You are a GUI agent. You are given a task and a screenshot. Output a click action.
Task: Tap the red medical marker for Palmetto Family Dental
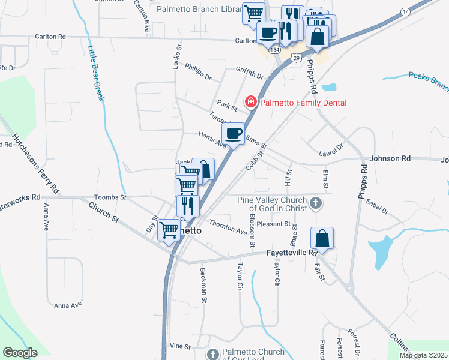[x=250, y=103]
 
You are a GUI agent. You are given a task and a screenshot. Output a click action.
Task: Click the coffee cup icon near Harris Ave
[x=234, y=133]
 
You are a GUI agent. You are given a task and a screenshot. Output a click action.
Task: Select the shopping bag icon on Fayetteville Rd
[x=322, y=238]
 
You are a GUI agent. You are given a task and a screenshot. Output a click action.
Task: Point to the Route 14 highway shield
[x=406, y=12]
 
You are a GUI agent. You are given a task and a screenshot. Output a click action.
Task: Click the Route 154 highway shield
[x=275, y=50]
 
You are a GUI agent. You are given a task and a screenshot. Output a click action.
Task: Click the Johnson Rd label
[x=390, y=159]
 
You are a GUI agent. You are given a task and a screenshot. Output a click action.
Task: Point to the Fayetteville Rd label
[x=291, y=253]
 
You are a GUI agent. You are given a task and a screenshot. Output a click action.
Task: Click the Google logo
[x=20, y=353]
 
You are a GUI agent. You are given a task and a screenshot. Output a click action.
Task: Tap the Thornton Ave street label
[x=228, y=229]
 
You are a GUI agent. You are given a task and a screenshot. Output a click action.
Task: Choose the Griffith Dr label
[x=250, y=73]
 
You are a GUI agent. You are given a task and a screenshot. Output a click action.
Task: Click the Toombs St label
[x=110, y=197]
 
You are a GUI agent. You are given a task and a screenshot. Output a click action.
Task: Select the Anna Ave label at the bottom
[x=67, y=305]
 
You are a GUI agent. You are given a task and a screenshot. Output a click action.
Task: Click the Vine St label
[x=179, y=346]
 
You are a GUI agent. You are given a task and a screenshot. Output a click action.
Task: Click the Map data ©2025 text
[x=424, y=355]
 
